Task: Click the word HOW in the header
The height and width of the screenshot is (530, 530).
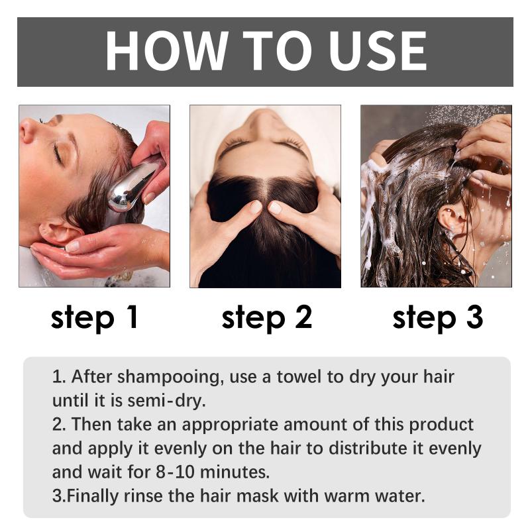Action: [x=166, y=51]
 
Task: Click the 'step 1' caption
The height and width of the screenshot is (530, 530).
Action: [x=94, y=318]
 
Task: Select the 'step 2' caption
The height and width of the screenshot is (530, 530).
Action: [x=267, y=318]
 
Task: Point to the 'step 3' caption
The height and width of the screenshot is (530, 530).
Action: [x=438, y=318]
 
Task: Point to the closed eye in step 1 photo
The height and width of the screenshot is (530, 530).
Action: [x=58, y=152]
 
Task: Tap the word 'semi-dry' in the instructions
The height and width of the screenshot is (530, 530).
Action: [x=167, y=401]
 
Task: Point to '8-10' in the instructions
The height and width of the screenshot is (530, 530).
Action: [x=176, y=472]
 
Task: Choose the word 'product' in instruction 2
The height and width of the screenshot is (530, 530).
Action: [x=441, y=425]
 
